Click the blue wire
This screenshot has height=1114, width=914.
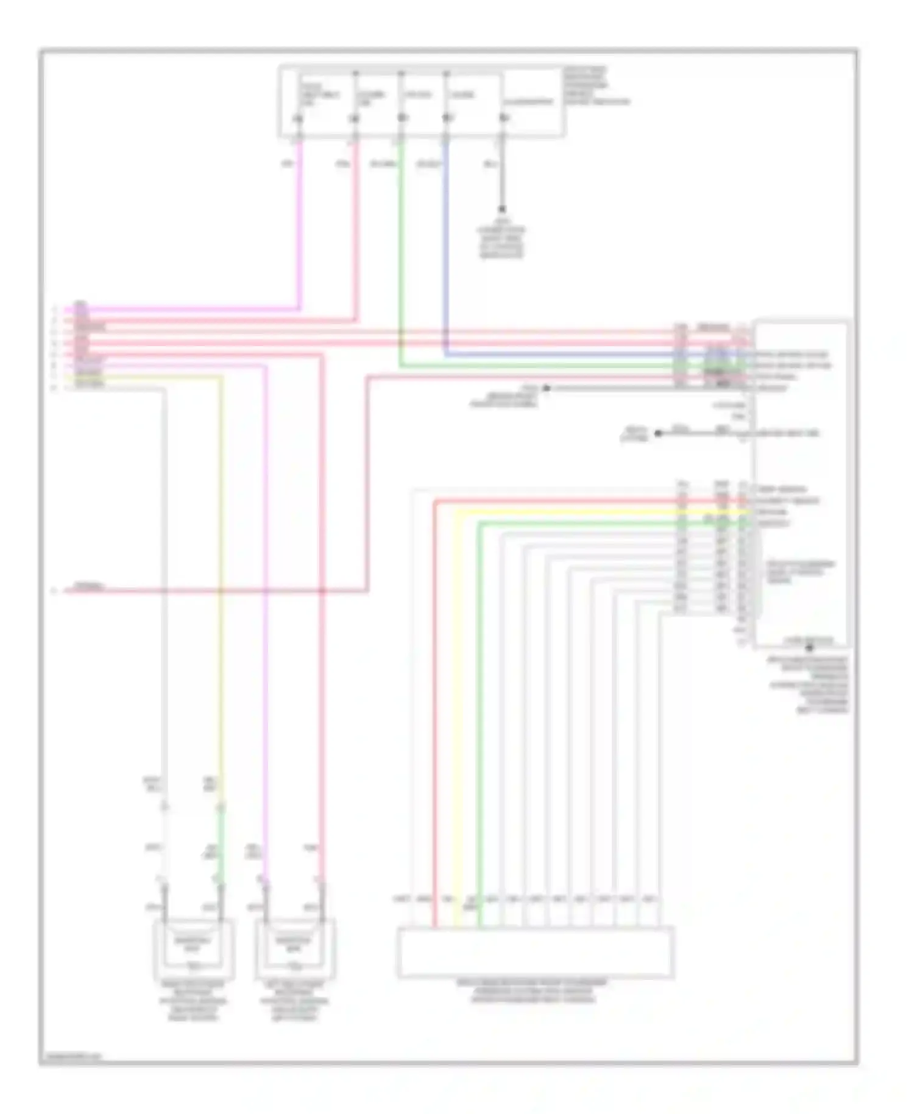tap(447, 244)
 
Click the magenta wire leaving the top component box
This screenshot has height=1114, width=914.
tap(300, 232)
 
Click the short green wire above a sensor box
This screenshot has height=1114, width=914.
tap(222, 844)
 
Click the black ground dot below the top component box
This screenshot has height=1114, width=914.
tap(503, 209)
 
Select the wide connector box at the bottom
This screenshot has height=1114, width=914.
tap(536, 952)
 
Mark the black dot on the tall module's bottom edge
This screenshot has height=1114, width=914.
tap(809, 647)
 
